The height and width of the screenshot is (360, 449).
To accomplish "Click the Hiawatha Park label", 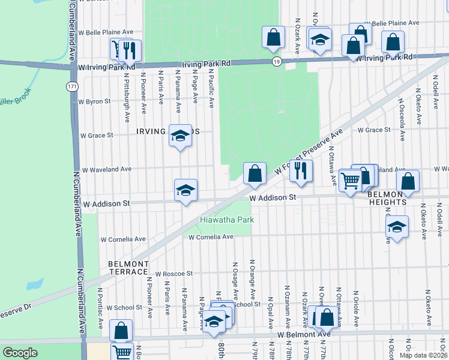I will point(227,220).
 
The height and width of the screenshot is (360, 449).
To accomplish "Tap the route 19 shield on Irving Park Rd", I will point(276,62).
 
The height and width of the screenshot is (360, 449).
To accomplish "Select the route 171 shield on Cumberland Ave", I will point(72,87).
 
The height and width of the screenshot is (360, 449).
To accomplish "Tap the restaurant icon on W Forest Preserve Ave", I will point(301,171).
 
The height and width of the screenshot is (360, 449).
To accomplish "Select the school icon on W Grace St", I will point(179,136).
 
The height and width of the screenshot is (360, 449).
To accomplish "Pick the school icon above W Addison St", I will point(186,190).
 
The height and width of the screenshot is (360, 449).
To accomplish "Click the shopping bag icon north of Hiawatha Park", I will point(255,173).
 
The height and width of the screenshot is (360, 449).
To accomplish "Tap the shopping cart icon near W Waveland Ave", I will point(350,179).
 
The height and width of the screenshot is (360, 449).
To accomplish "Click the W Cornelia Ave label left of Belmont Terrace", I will point(123,239).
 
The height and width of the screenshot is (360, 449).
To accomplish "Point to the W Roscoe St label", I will point(173,273).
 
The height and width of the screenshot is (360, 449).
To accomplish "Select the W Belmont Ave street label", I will point(304,333).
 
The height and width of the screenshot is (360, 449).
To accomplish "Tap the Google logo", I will point(20,353).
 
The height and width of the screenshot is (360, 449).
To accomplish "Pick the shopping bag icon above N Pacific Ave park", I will point(273,37).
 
